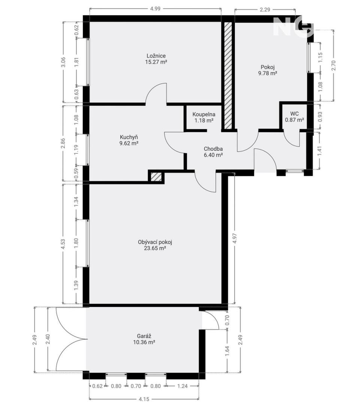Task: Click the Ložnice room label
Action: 156,56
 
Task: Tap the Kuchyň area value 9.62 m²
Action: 129,143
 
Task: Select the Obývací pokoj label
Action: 155,242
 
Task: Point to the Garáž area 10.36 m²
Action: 144,342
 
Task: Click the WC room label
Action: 294,114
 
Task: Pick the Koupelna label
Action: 204,114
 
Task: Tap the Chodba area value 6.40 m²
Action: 213,155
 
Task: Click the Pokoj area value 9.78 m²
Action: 267,73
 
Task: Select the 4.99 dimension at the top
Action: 155,9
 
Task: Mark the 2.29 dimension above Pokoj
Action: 265,9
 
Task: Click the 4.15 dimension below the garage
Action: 144,399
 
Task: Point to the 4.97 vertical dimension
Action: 235,238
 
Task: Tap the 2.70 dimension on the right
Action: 334,65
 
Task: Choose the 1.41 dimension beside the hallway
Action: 320,151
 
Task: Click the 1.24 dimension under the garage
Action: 182,386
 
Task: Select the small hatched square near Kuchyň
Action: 156,177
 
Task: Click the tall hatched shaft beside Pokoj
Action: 228,75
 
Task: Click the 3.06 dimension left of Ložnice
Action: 63,62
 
